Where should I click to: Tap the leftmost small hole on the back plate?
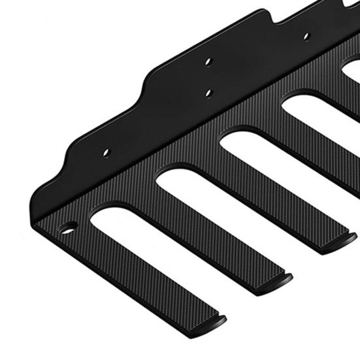tap(106, 152)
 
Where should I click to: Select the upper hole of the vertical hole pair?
tap(208, 61)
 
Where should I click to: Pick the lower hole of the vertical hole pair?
tap(208, 92)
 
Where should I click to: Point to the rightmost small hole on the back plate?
tap(306, 36)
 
